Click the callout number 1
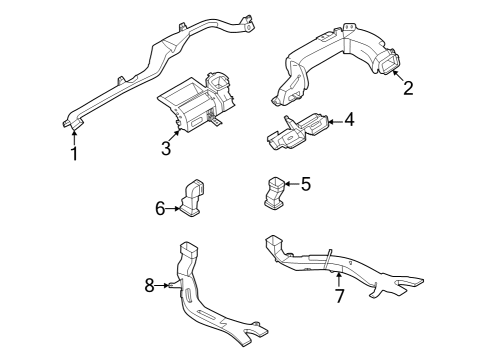coord(73,154)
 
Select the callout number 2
coord(407,87)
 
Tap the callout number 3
coord(166,149)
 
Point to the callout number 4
coord(349,121)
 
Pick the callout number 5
coord(306,183)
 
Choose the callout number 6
coord(159,208)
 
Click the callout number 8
coord(149,286)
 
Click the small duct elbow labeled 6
coord(194,195)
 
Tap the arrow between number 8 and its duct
coord(164,286)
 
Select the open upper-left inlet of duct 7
coord(270,242)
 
